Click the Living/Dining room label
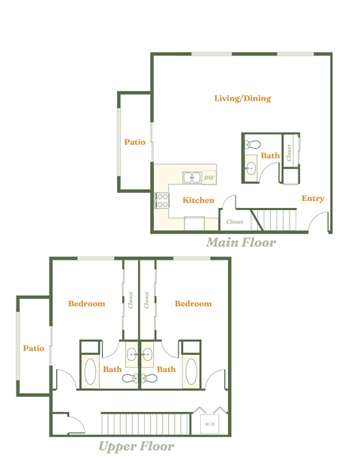click(x=242, y=98)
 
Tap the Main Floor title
click(x=241, y=242)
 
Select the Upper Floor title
click(x=136, y=446)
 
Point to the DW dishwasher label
click(x=209, y=178)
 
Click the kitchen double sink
click(x=192, y=178)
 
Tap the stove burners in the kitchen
click(x=161, y=200)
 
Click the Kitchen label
click(x=198, y=200)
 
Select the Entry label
click(x=313, y=199)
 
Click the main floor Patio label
click(x=135, y=142)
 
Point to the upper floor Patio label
click(x=34, y=348)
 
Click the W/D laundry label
click(x=208, y=425)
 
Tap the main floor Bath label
click(x=270, y=156)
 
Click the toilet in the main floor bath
click(x=252, y=143)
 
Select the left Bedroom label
click(x=86, y=304)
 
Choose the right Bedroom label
click(x=193, y=304)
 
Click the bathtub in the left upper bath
click(x=89, y=371)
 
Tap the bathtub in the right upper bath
click(x=190, y=371)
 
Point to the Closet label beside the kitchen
click(x=235, y=222)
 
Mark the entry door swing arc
click(x=320, y=222)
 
